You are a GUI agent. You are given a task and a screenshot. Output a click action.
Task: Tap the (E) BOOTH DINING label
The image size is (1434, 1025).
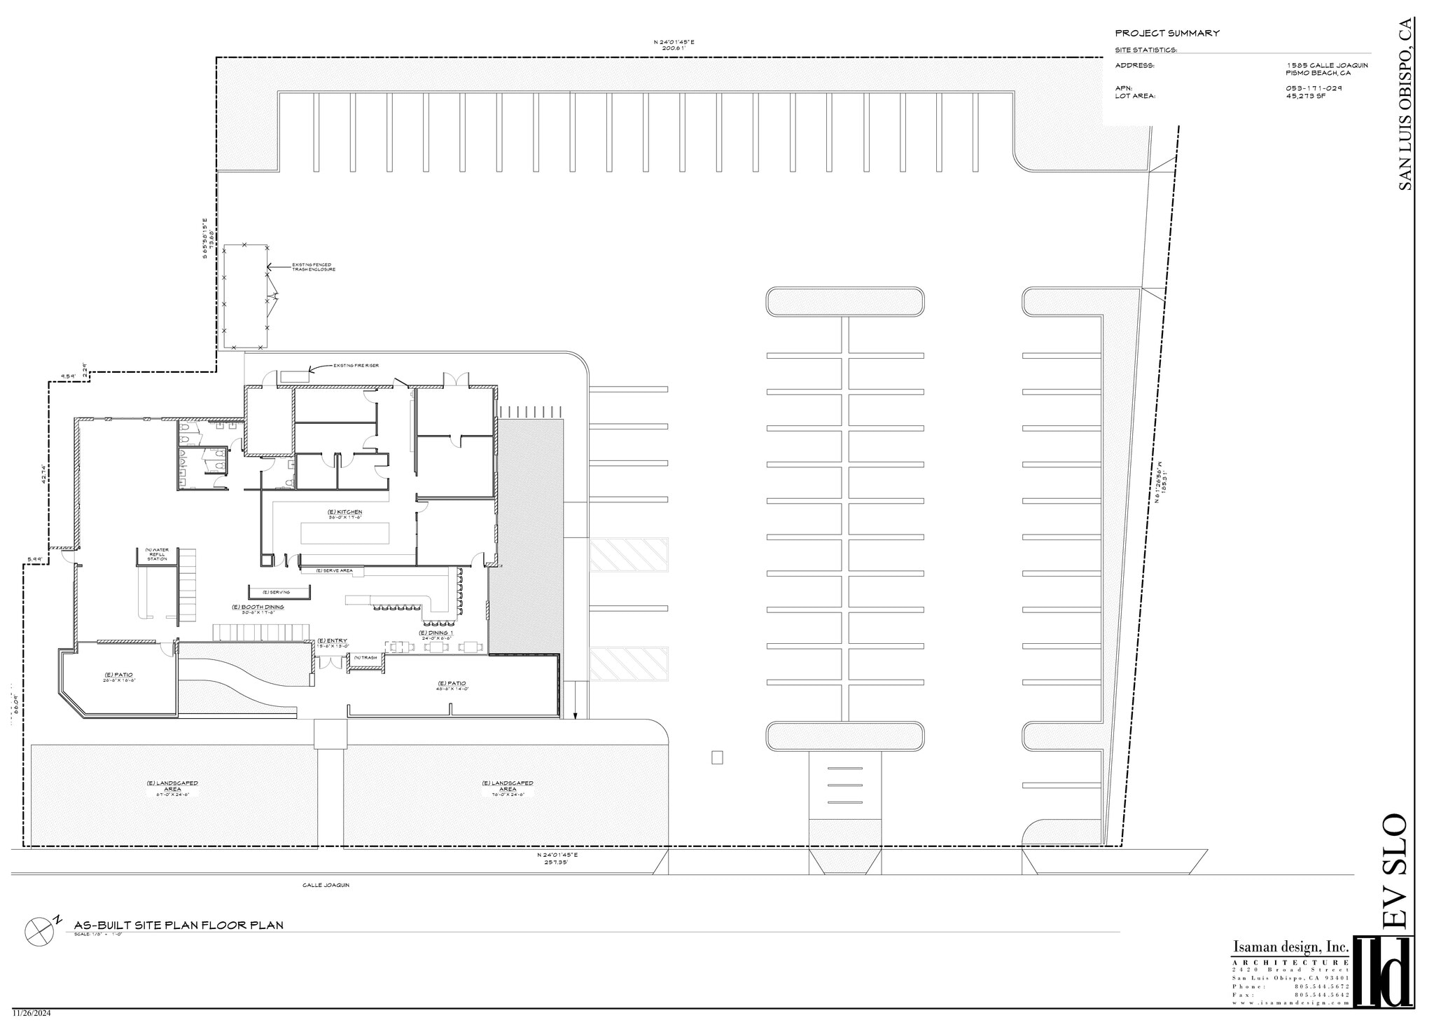click(258, 607)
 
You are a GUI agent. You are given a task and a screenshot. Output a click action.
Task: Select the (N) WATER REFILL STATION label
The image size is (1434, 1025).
click(157, 554)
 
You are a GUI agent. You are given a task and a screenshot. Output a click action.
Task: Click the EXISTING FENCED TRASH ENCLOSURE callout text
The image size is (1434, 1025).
click(313, 267)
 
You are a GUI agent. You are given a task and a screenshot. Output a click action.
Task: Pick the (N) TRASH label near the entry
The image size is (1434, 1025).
click(366, 657)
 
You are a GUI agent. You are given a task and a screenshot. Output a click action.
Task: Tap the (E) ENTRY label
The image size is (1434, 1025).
click(332, 641)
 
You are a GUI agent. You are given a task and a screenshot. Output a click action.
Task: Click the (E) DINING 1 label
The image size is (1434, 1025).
click(436, 633)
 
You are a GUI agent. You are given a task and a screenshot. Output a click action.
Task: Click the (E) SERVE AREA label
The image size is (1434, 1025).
click(334, 571)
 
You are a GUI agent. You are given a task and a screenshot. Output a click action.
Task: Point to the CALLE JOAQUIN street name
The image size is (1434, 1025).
click(326, 885)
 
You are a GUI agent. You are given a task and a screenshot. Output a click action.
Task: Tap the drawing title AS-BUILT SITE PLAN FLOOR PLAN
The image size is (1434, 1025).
click(179, 925)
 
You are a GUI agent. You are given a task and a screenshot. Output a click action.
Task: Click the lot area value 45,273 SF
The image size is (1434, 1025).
click(1305, 95)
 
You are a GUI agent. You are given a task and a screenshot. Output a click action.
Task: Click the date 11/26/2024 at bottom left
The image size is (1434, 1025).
click(31, 1013)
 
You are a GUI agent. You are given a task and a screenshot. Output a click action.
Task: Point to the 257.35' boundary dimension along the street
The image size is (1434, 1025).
click(552, 862)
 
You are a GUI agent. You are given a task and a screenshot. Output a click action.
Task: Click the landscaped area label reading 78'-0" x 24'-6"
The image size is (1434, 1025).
click(508, 790)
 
